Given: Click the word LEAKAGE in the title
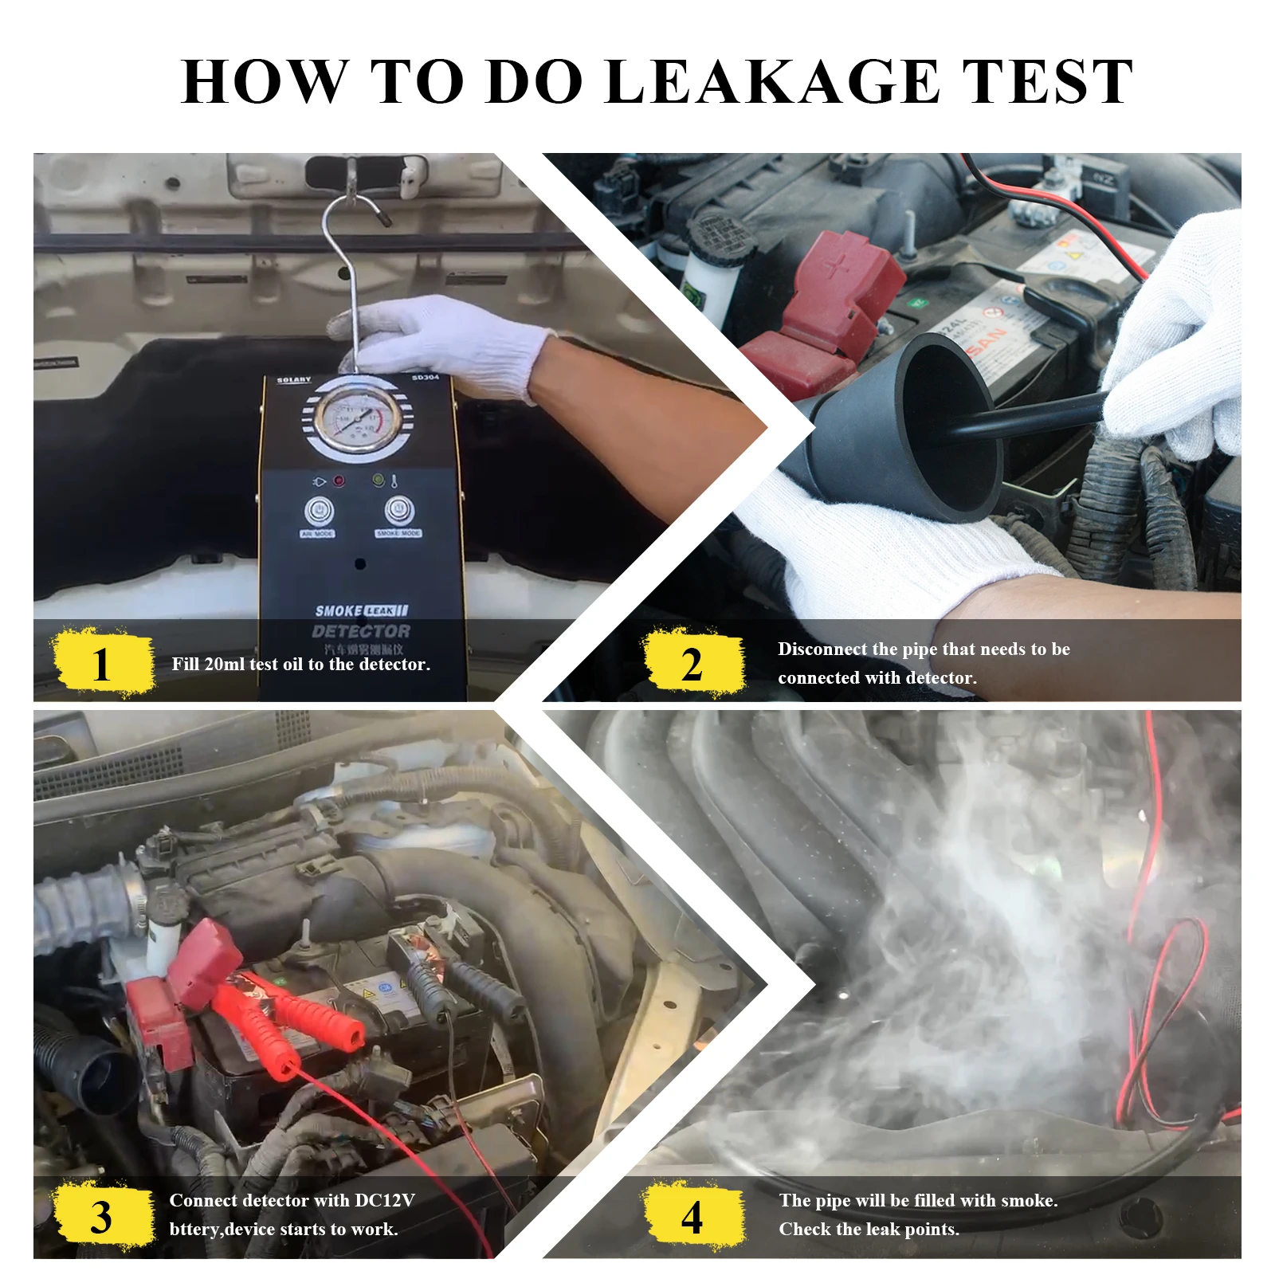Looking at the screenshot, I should tap(771, 81).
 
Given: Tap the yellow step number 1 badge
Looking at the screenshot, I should tap(102, 663).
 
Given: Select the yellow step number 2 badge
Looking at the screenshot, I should tap(692, 663).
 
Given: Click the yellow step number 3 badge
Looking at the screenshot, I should tap(102, 1217).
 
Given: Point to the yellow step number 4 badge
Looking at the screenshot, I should tap(692, 1217).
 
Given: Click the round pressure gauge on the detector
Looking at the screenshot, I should tap(358, 418).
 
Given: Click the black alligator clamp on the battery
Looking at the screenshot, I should tap(478, 988).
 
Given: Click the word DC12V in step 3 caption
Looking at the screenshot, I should tap(384, 1200).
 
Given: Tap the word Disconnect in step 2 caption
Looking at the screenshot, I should tap(822, 649).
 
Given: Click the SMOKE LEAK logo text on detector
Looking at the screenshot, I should tap(361, 611).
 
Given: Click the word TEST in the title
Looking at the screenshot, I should tap(1047, 81).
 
